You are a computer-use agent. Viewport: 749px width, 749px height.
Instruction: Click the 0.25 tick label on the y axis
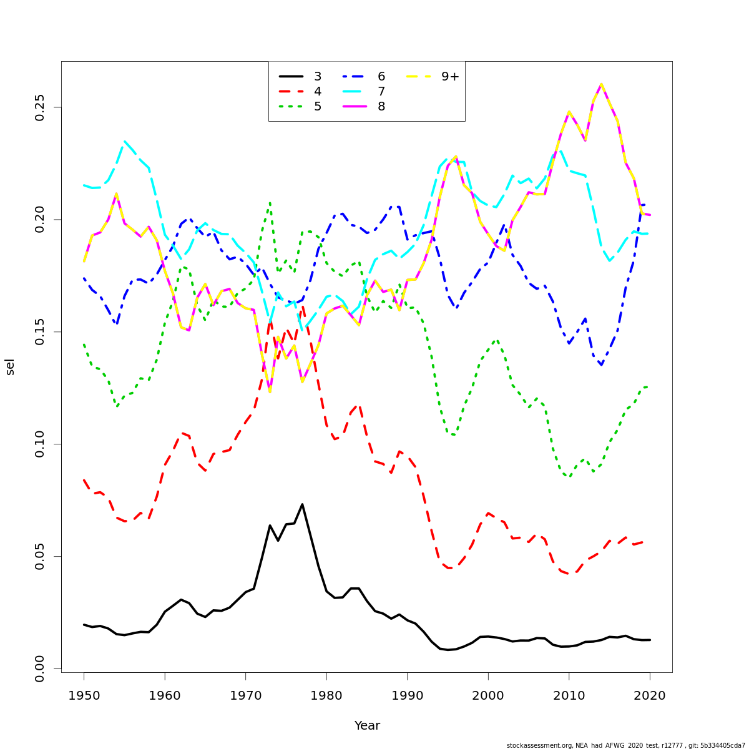(x=41, y=107)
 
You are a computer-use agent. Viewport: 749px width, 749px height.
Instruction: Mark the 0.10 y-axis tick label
(x=41, y=444)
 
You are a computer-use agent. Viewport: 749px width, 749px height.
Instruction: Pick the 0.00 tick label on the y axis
(x=41, y=668)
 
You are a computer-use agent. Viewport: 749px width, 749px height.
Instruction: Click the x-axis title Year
(x=367, y=726)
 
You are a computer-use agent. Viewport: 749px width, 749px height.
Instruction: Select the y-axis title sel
(x=10, y=367)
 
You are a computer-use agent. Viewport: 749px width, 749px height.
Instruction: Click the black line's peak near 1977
(x=302, y=504)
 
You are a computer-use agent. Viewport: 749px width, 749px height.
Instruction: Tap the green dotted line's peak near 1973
(x=270, y=203)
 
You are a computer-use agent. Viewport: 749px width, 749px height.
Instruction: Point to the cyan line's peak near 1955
(x=124, y=142)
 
